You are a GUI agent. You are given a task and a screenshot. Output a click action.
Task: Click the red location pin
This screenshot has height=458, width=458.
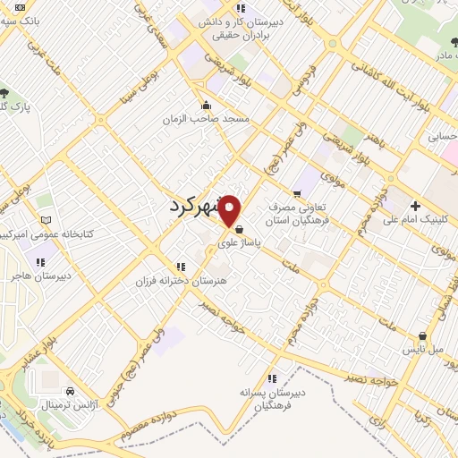(x=230, y=209)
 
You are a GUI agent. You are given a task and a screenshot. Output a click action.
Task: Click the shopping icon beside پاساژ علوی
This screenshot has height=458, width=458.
(x=238, y=229)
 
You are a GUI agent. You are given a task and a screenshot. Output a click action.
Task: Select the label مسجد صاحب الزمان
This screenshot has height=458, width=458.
(x=206, y=119)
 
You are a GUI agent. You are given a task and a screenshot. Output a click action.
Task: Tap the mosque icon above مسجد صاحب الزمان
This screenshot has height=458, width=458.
(x=207, y=105)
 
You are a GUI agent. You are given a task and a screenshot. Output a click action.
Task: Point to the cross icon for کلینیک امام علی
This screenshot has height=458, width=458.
(x=415, y=206)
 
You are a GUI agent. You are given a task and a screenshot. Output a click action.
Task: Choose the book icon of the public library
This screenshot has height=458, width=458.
(x=47, y=220)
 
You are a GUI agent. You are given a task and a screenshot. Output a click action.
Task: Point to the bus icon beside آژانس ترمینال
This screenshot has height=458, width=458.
(x=69, y=391)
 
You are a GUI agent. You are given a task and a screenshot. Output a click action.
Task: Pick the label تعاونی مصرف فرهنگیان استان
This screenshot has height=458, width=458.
(x=300, y=211)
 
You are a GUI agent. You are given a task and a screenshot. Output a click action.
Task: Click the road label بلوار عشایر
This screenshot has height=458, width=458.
(x=28, y=349)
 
